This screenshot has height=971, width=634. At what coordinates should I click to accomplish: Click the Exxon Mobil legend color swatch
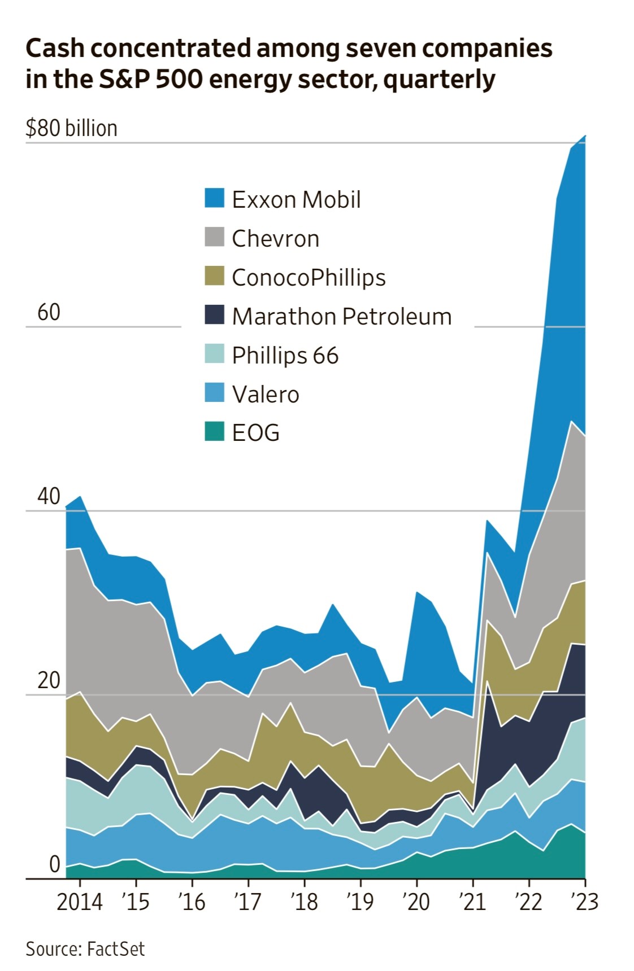point(214,199)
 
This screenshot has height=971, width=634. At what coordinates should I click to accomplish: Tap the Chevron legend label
point(275,238)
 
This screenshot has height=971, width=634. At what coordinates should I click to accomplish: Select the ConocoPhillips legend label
point(309,277)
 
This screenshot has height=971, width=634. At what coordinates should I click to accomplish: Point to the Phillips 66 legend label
point(285,355)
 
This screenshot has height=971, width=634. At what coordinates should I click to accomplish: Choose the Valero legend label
point(265,394)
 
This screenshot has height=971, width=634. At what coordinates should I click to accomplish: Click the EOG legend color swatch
point(214,432)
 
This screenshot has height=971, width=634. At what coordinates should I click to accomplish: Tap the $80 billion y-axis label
point(71,129)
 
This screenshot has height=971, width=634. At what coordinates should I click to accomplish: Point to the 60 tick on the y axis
point(49,312)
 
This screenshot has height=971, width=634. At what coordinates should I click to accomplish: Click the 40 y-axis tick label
point(49,496)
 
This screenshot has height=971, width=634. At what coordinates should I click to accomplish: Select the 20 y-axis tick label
point(49,680)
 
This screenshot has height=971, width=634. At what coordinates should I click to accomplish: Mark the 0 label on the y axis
point(54,864)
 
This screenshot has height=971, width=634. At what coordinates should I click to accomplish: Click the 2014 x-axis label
point(80,902)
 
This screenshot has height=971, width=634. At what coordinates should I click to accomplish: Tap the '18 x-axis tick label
point(304,902)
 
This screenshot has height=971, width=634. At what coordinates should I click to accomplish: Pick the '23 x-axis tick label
point(584,902)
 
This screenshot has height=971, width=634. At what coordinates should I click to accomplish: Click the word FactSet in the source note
point(116,949)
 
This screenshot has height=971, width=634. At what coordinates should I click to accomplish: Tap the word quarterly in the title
point(439,80)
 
